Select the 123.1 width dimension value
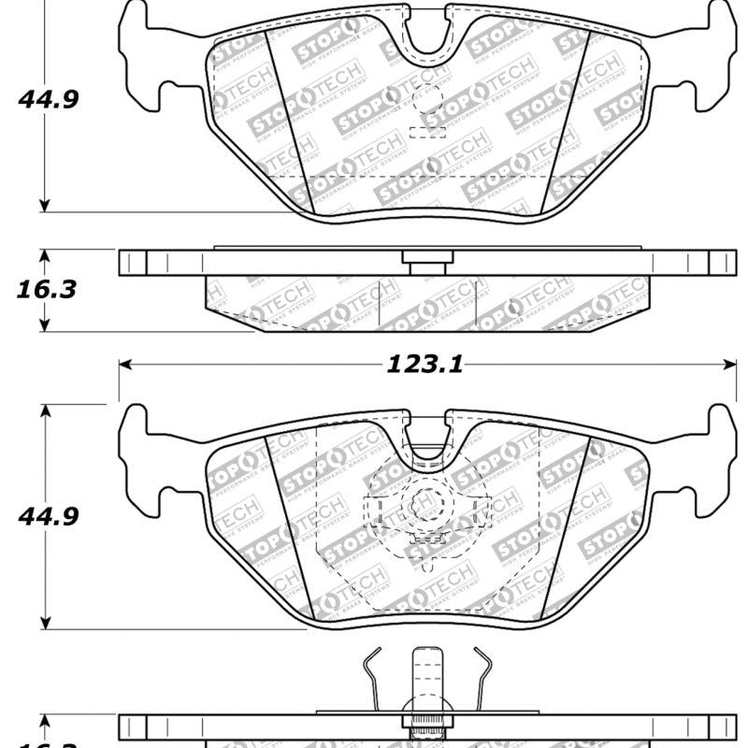[x=425, y=366]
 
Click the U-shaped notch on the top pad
[x=427, y=37]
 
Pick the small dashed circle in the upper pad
[x=427, y=97]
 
